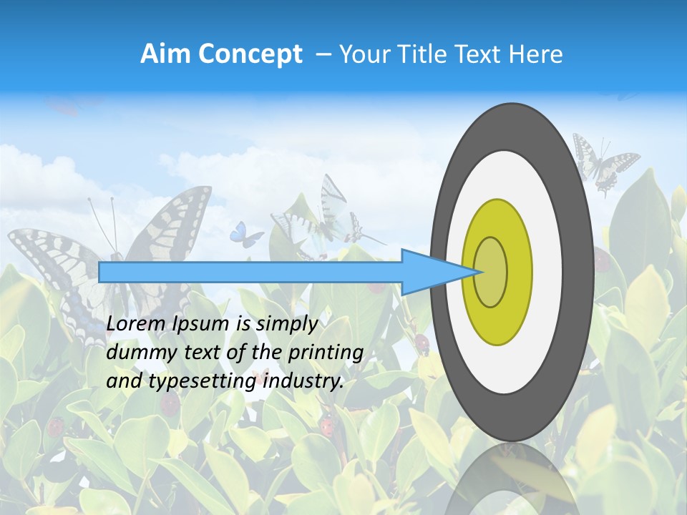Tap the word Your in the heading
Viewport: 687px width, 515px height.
[364, 54]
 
